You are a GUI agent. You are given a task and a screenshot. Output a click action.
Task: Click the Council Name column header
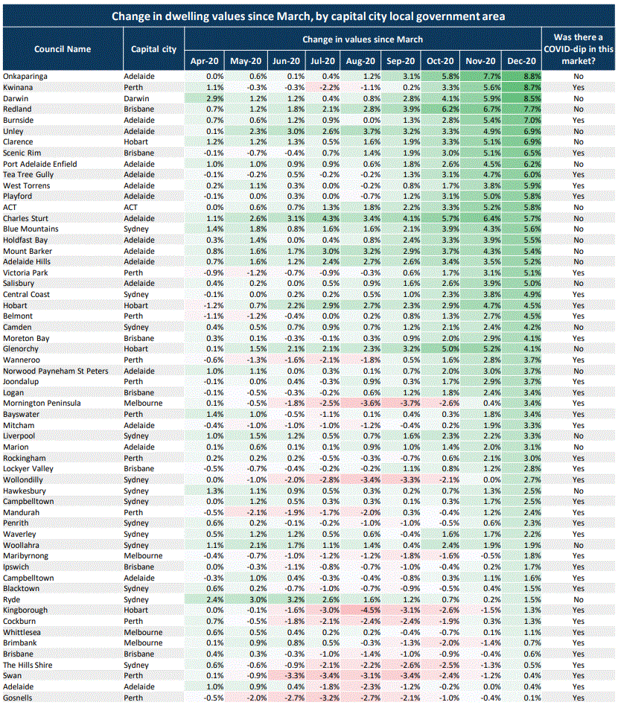coord(63,49)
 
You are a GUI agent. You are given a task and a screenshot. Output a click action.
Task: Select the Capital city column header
coord(153,49)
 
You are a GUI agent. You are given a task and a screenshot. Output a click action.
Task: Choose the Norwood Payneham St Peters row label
coord(55,371)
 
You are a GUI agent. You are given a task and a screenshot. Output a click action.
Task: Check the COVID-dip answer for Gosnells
coord(579,698)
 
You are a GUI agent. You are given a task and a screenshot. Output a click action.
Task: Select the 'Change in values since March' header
coord(363,39)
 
